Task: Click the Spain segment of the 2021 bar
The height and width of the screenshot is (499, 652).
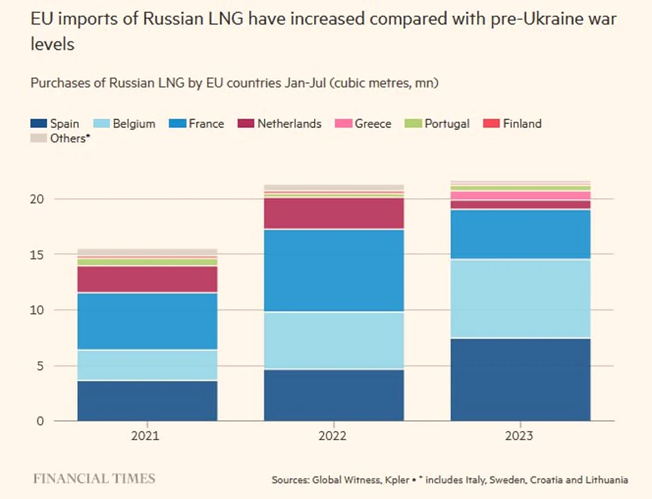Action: [147, 401]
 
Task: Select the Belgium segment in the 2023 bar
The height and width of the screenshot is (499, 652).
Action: [520, 298]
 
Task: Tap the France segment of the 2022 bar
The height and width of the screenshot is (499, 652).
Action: [334, 270]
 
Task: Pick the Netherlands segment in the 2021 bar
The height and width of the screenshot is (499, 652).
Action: [147, 279]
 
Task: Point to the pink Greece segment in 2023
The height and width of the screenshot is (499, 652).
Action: [520, 196]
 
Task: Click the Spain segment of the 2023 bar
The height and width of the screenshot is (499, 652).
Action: [520, 380]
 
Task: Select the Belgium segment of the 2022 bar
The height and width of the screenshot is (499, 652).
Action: [334, 341]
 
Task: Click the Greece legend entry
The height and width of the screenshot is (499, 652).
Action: [363, 124]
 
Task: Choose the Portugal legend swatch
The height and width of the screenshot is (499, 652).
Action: [413, 124]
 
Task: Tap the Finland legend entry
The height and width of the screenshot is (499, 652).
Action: [512, 124]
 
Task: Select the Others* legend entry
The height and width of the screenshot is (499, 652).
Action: [61, 138]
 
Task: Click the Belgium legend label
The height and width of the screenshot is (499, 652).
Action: [134, 124]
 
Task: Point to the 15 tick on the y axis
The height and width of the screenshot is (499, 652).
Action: [37, 254]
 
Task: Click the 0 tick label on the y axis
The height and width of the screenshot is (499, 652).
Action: [40, 421]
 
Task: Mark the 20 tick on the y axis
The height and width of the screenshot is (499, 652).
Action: [37, 199]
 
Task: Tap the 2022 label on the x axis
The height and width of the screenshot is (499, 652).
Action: [332, 436]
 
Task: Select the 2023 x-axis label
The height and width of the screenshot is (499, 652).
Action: [519, 436]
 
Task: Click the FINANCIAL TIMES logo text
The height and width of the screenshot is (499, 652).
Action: [94, 478]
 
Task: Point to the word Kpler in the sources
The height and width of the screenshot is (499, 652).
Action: [397, 480]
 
